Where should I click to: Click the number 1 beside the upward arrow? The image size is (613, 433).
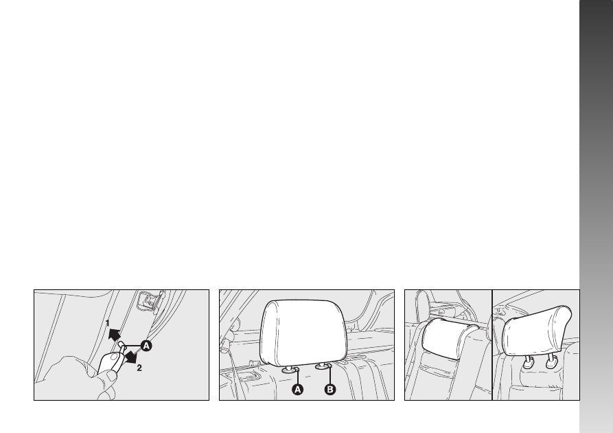[x=108, y=324]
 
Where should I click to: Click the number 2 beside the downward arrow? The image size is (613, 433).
[x=139, y=368]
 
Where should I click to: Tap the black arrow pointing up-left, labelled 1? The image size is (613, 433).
[x=115, y=334]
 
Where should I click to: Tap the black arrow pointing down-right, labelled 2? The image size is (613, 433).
[x=130, y=357]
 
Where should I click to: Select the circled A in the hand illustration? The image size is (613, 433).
[x=146, y=346]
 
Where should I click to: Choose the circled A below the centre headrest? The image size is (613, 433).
[x=298, y=390]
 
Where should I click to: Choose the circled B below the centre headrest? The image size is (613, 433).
[x=330, y=390]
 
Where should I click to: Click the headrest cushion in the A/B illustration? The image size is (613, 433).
[x=303, y=333]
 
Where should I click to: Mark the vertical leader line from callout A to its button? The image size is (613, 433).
[x=298, y=376]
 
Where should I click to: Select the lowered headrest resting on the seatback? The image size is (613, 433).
[x=450, y=338]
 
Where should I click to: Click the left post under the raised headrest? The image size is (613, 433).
[x=528, y=362]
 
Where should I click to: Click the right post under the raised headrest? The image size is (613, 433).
[x=551, y=361]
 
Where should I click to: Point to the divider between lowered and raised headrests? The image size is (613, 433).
[x=491, y=345]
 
